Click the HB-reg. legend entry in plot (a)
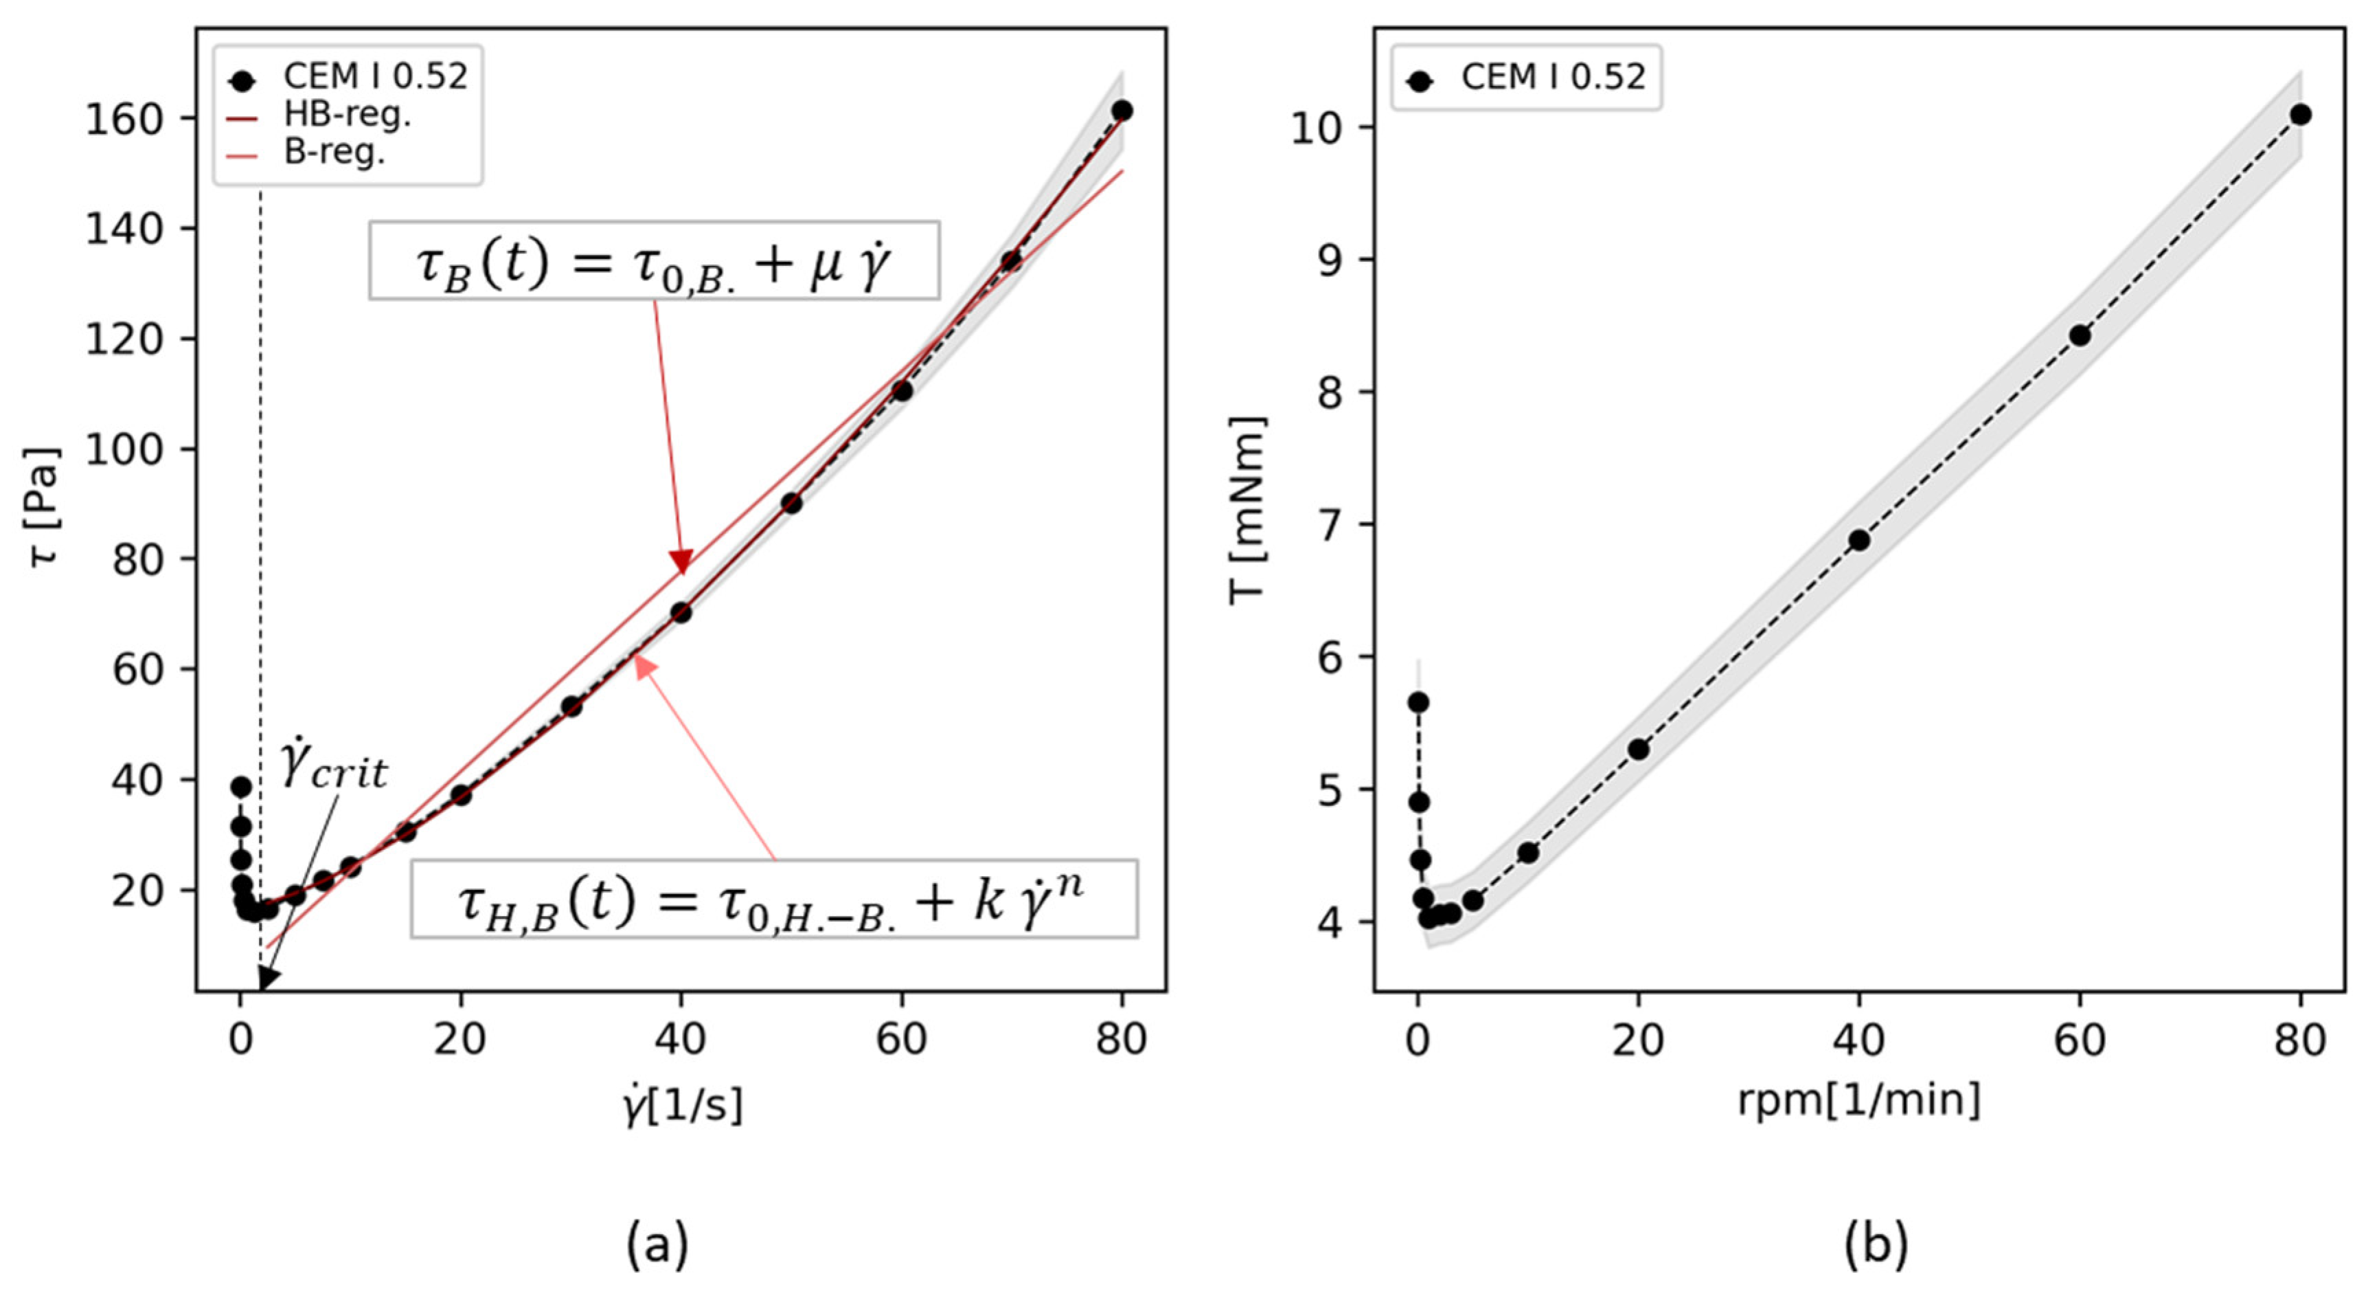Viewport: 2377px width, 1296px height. (319, 115)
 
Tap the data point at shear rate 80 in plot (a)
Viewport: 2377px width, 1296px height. (1121, 111)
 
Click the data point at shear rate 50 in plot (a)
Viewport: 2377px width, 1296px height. (791, 503)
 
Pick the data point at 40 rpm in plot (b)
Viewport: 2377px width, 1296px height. (1859, 540)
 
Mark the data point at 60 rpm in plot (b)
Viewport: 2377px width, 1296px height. (2080, 335)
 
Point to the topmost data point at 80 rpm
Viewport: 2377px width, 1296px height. (2300, 115)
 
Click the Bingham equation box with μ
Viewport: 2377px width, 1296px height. (655, 260)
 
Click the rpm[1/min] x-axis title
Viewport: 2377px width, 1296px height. (1859, 1100)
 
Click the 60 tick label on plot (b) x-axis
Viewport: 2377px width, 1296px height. (2080, 1040)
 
